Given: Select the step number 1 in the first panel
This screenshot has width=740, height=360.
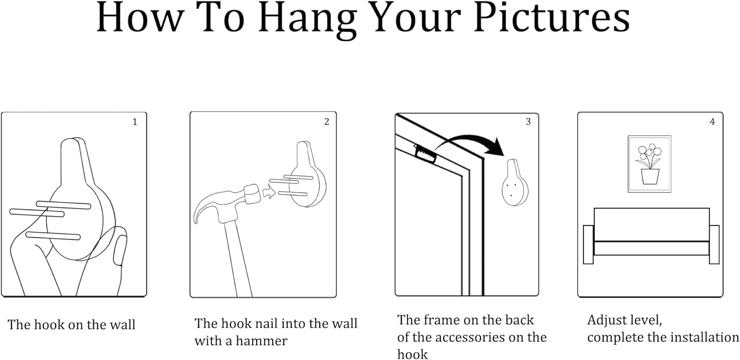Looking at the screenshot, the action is click(x=135, y=122).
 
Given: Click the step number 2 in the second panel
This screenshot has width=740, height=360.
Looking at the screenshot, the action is click(x=327, y=122).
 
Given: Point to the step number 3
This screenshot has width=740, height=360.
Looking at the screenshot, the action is click(x=528, y=122).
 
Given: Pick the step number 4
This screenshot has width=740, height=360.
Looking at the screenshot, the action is click(x=712, y=122).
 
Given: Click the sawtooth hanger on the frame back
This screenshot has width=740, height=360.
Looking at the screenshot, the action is click(x=425, y=154).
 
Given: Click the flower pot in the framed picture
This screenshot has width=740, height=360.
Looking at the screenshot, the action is click(x=650, y=177).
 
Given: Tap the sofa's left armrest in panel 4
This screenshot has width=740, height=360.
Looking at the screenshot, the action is click(x=589, y=245).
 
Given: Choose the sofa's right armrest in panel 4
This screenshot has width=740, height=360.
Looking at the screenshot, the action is click(x=714, y=245).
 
